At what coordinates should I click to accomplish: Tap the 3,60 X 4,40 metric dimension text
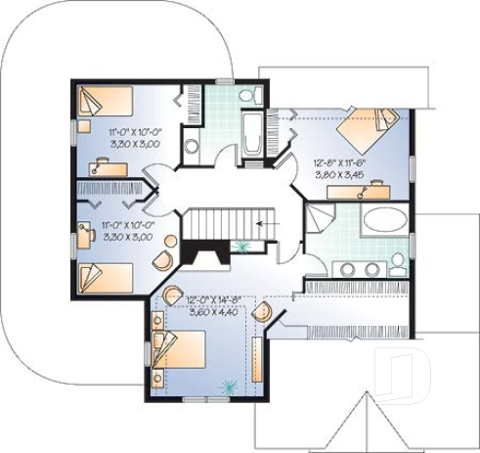click(211, 312)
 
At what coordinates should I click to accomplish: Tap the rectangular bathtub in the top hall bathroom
click(251, 133)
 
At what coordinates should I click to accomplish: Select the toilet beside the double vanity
click(398, 262)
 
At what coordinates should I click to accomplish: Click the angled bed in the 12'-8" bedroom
click(367, 127)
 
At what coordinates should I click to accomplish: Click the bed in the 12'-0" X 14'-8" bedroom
click(180, 348)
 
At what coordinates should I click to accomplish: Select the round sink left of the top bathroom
click(192, 146)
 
